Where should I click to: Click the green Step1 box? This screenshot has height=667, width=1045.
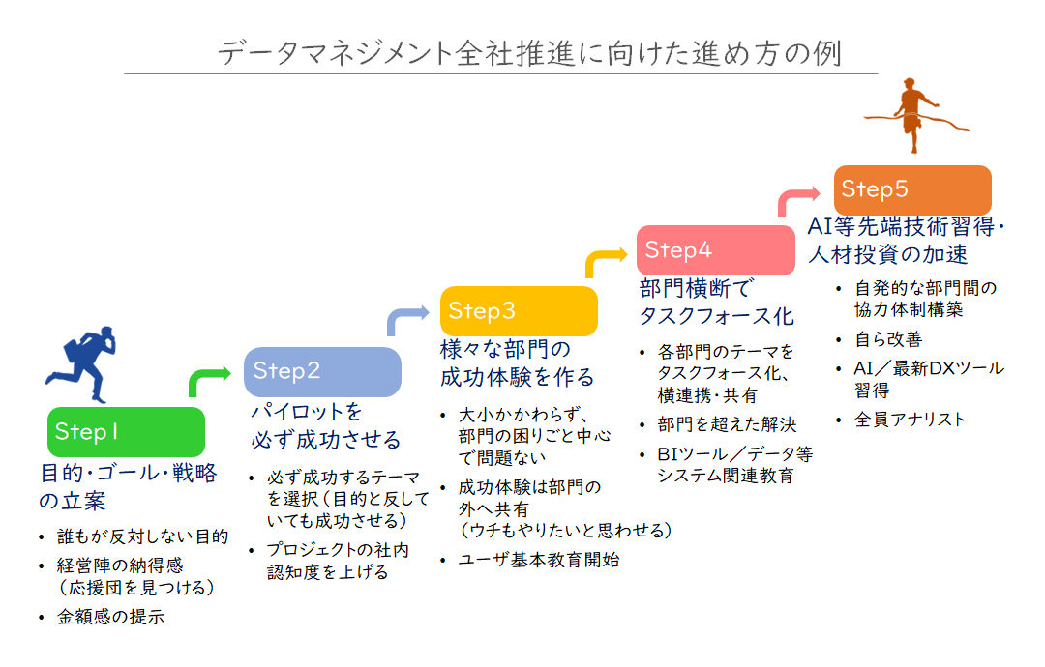[126, 431]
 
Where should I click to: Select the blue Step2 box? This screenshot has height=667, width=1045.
[322, 371]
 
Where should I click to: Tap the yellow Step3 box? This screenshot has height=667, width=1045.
[519, 311]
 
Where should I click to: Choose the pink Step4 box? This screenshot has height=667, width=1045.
[716, 250]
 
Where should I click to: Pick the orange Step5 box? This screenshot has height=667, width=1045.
[912, 189]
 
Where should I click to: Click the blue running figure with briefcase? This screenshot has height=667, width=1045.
[82, 363]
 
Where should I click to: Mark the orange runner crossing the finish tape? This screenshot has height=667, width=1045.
[915, 115]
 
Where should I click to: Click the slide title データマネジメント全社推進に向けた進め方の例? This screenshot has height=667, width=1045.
[530, 53]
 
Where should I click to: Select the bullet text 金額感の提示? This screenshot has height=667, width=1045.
[110, 617]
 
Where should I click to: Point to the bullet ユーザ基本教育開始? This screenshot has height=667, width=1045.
[539, 560]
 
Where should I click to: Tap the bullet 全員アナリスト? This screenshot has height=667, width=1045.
[910, 420]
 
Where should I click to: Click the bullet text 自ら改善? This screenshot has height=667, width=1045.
[888, 339]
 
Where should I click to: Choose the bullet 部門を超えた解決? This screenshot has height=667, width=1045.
[727, 424]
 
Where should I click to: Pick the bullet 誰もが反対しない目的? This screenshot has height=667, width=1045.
[142, 536]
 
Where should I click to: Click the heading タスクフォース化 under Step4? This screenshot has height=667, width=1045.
[716, 316]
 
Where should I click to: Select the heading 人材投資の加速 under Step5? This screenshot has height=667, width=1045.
[887, 254]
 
